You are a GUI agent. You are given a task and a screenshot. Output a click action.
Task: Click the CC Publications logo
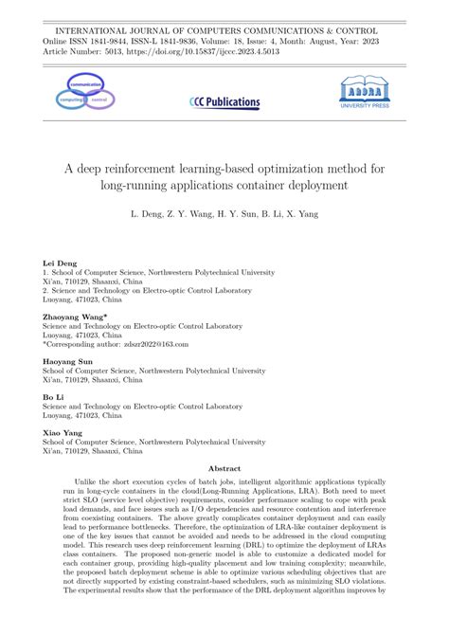coord(224,100)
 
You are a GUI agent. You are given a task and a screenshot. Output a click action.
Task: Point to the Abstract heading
coord(224,468)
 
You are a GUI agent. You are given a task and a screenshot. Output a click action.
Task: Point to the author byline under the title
coord(224,215)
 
